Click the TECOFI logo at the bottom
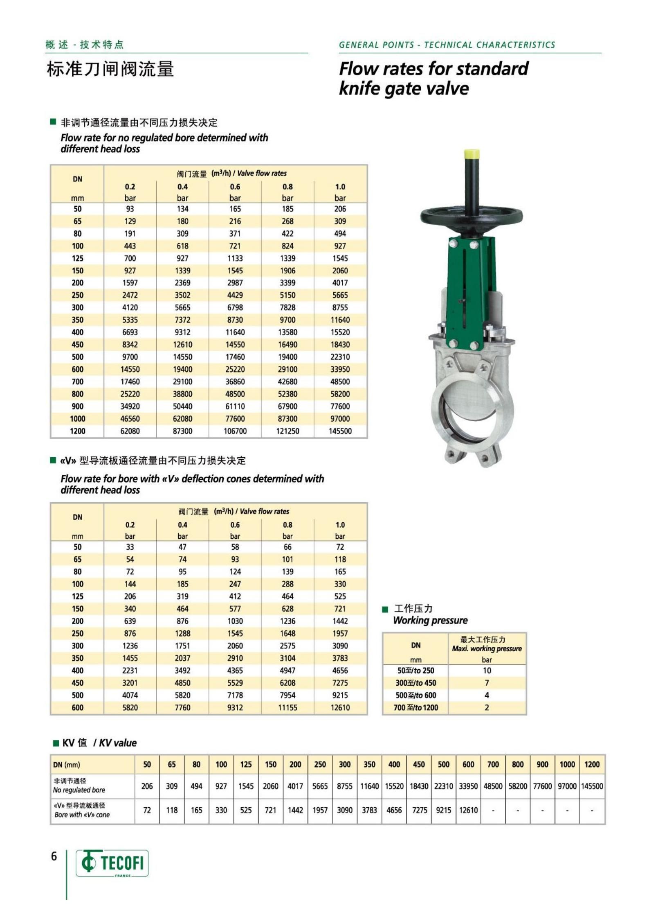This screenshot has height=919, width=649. (x=112, y=863)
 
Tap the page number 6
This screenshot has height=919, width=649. (x=54, y=856)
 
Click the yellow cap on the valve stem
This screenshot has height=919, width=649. (x=472, y=155)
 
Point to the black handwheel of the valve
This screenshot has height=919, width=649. (x=472, y=216)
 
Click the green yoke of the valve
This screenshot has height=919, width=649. (x=469, y=287)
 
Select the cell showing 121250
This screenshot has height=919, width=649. (x=287, y=431)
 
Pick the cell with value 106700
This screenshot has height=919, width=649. (x=235, y=431)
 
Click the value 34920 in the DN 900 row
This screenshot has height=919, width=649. (x=130, y=406)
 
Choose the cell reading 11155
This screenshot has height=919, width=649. (x=287, y=707)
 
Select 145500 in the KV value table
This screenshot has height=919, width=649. (x=592, y=786)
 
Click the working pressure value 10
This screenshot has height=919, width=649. (x=487, y=671)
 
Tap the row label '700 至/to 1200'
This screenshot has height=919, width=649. (x=415, y=707)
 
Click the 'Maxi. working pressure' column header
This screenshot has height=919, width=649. (x=487, y=649)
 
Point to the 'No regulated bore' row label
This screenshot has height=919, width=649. (x=79, y=790)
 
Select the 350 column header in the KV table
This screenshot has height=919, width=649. (x=369, y=764)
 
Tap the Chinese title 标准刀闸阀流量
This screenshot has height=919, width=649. (x=110, y=69)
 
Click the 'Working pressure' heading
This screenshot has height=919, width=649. (x=430, y=620)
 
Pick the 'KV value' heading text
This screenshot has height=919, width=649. (x=118, y=743)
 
